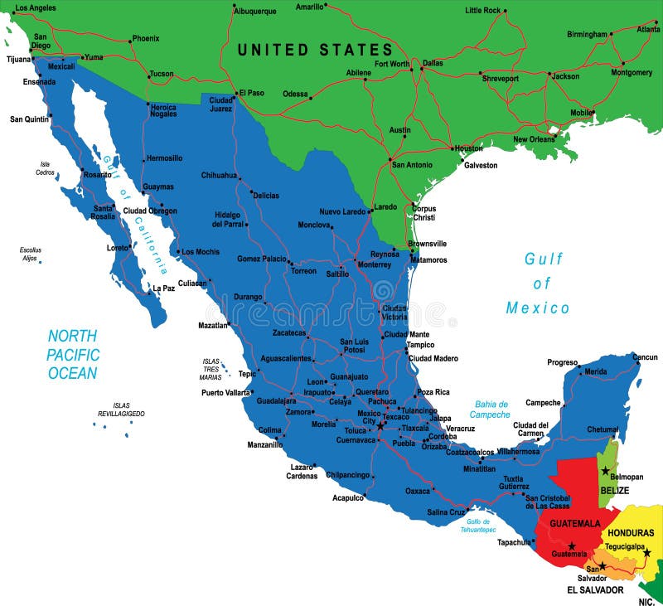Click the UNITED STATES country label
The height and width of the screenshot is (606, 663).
[315, 50]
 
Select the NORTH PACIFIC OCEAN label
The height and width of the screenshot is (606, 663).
[72, 354]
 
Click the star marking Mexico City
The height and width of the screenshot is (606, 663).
[380, 426]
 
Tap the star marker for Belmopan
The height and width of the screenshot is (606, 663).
[606, 470]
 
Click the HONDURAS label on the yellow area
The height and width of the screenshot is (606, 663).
[631, 532]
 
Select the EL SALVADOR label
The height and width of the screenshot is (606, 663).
[595, 590]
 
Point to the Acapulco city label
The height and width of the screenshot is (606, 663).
[348, 498]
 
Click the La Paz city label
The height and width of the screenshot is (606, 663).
[163, 288]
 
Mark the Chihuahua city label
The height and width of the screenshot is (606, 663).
[219, 175]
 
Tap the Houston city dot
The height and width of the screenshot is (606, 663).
[452, 148]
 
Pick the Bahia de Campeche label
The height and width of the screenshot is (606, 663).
[491, 410]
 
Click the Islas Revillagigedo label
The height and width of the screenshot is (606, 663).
[121, 409]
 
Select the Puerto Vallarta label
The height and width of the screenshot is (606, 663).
[225, 392]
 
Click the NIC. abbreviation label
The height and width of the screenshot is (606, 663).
[646, 599]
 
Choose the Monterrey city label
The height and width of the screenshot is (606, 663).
[374, 264]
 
